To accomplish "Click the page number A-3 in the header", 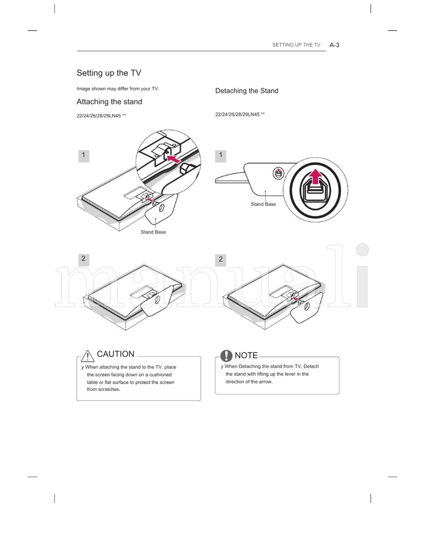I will coord(334,45).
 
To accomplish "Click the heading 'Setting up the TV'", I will coord(109,73).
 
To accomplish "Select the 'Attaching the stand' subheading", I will coord(109,102).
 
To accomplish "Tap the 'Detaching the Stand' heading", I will coord(247,91).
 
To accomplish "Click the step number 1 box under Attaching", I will coord(83,155).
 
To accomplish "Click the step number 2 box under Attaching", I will coord(83,259).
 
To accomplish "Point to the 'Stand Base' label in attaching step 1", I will coord(153,232).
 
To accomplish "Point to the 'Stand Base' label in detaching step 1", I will coord(263,204).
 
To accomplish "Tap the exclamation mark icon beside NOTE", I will coord(226,355).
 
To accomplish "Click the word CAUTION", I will coord(116,354).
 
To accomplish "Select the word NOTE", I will coord(246,355).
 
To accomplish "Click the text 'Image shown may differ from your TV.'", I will coord(118,88).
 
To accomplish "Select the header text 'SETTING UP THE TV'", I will coord(296,45).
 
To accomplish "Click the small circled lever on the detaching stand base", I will coord(277,172).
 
